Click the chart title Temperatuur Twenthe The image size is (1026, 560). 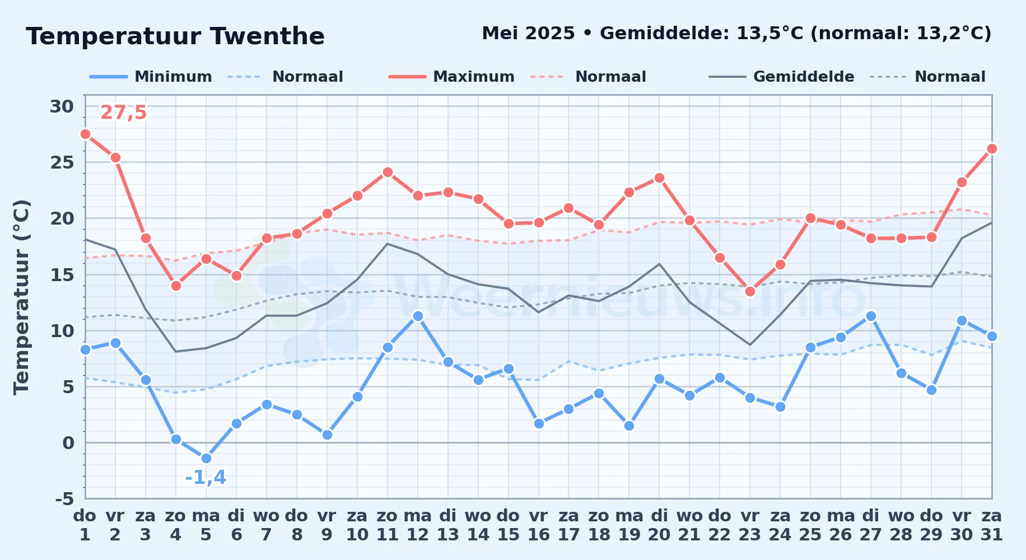(x=175, y=36)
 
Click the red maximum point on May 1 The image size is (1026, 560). (x=85, y=134)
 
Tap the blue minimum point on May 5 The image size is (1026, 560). (x=206, y=458)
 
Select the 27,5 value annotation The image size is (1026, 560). (x=123, y=113)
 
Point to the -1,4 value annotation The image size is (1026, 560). (x=206, y=477)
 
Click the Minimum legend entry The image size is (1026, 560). (x=151, y=77)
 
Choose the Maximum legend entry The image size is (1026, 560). (x=452, y=77)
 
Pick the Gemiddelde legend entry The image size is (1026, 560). (x=782, y=77)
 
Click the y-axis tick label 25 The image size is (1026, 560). (x=62, y=162)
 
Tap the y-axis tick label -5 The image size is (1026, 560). (x=64, y=498)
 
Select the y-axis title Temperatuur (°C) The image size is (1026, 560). (x=22, y=297)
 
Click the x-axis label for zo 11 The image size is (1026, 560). (x=387, y=525)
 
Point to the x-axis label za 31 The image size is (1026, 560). (x=992, y=525)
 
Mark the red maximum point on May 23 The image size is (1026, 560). (x=750, y=291)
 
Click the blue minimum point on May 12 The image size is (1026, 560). (x=418, y=316)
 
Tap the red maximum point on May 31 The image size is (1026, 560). (x=992, y=148)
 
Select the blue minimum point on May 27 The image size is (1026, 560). (x=871, y=316)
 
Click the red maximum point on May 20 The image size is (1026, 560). (x=659, y=178)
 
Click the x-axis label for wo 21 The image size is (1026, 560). (x=689, y=525)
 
